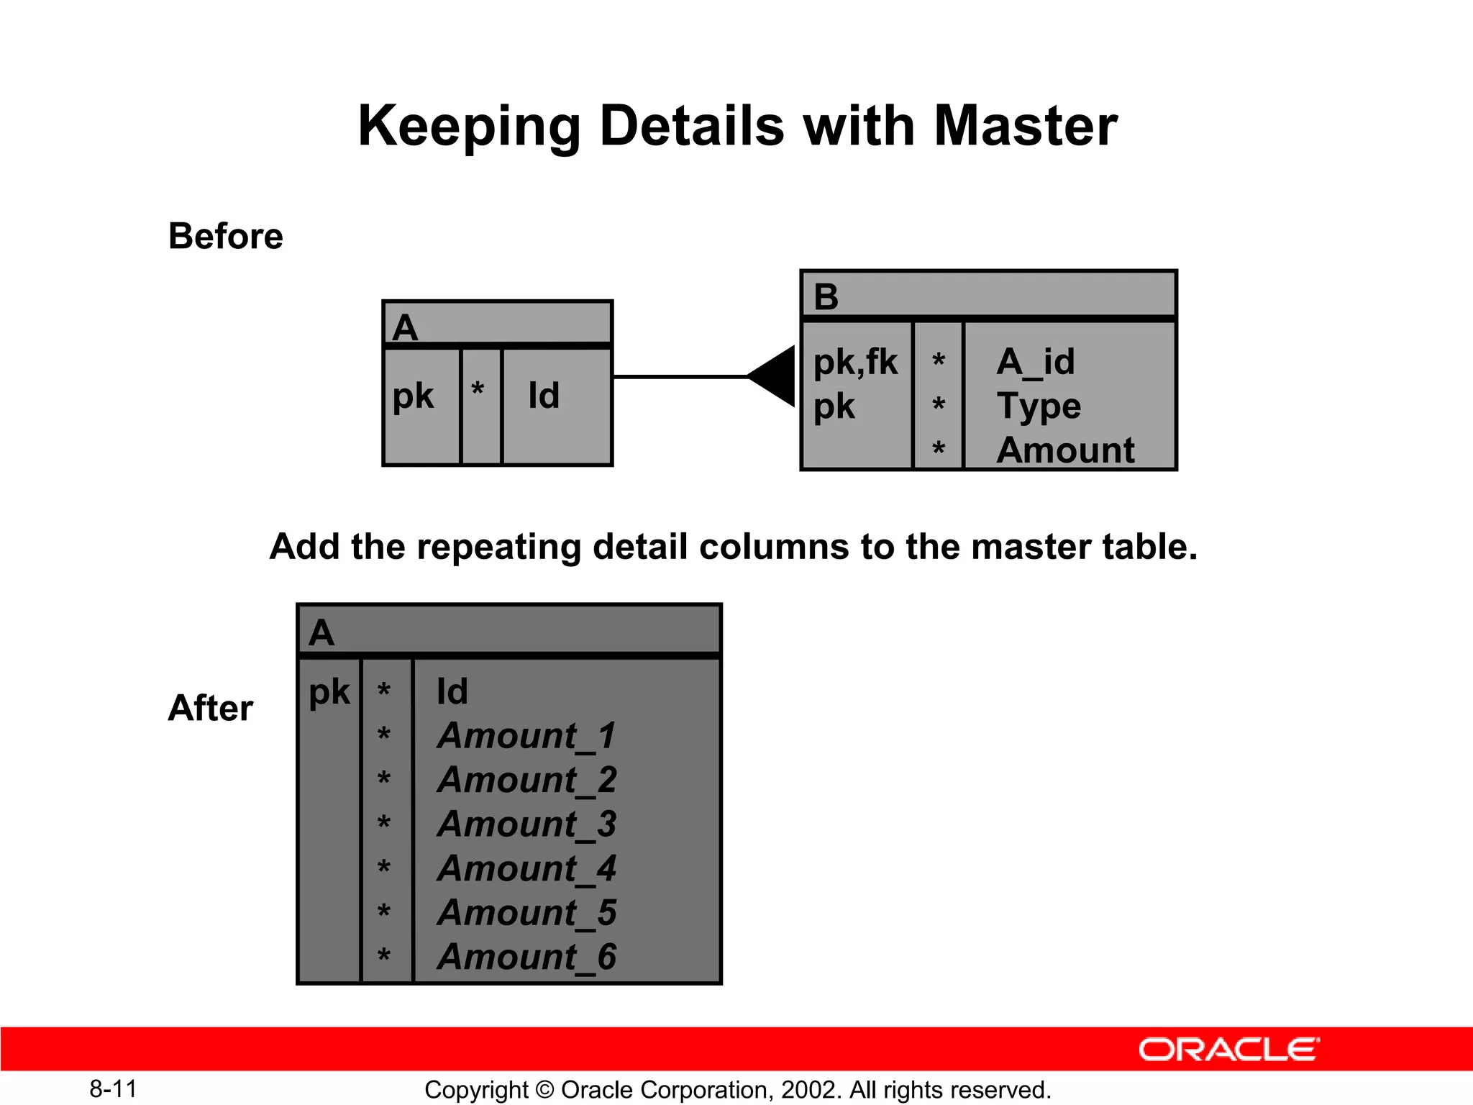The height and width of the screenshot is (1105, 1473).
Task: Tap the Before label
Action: click(x=226, y=237)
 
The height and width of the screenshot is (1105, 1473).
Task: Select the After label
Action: click(x=210, y=708)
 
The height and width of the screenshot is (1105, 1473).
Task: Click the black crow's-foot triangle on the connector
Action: click(x=774, y=376)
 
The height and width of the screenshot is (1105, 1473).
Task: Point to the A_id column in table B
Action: click(x=1036, y=362)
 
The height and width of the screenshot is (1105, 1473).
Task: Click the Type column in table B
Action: click(x=1039, y=406)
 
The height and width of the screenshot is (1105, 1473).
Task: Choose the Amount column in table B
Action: click(x=1065, y=451)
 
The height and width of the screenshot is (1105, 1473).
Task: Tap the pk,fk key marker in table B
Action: click(x=855, y=362)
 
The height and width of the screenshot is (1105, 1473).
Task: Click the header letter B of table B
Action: click(x=826, y=296)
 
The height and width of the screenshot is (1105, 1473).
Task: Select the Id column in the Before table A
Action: click(x=544, y=396)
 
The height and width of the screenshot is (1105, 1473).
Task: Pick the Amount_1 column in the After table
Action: click(x=526, y=736)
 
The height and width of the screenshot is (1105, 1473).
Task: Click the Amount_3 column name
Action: click(x=526, y=824)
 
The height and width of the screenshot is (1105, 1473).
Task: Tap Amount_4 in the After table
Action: click(x=526, y=869)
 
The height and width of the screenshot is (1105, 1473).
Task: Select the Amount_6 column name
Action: click(x=526, y=958)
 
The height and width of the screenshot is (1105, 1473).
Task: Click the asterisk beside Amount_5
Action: click(x=384, y=912)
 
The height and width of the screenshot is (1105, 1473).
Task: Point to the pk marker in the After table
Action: click(x=329, y=692)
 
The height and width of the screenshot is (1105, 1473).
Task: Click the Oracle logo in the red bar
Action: click(x=1228, y=1050)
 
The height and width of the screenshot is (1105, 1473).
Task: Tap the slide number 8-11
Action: click(x=113, y=1089)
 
